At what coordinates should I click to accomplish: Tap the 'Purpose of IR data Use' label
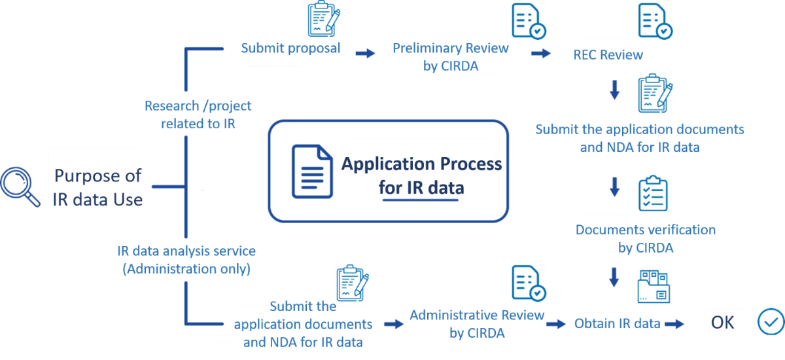coord(98,187)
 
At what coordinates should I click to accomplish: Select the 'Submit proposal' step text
coord(290,48)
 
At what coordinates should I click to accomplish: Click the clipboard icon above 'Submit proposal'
coord(323,19)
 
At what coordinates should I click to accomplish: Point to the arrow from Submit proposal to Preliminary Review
coord(365,52)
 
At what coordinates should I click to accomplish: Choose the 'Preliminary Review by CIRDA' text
coord(450,57)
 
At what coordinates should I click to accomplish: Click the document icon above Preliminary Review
coord(529,22)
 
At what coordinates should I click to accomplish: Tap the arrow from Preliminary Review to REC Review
coord(540,53)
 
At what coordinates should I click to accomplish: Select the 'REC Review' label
coord(608,55)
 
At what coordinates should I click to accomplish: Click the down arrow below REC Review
coord(614,90)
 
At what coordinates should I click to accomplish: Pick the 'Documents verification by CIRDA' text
coord(645,238)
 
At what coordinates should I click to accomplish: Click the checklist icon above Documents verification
coord(654,193)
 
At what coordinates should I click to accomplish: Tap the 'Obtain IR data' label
coord(617,323)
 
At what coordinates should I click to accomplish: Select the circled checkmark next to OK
coord(770,321)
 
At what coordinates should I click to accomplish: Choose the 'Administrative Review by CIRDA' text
coord(477,324)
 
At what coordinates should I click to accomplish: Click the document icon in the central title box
coord(312,171)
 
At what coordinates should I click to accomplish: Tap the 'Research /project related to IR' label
coord(198,114)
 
